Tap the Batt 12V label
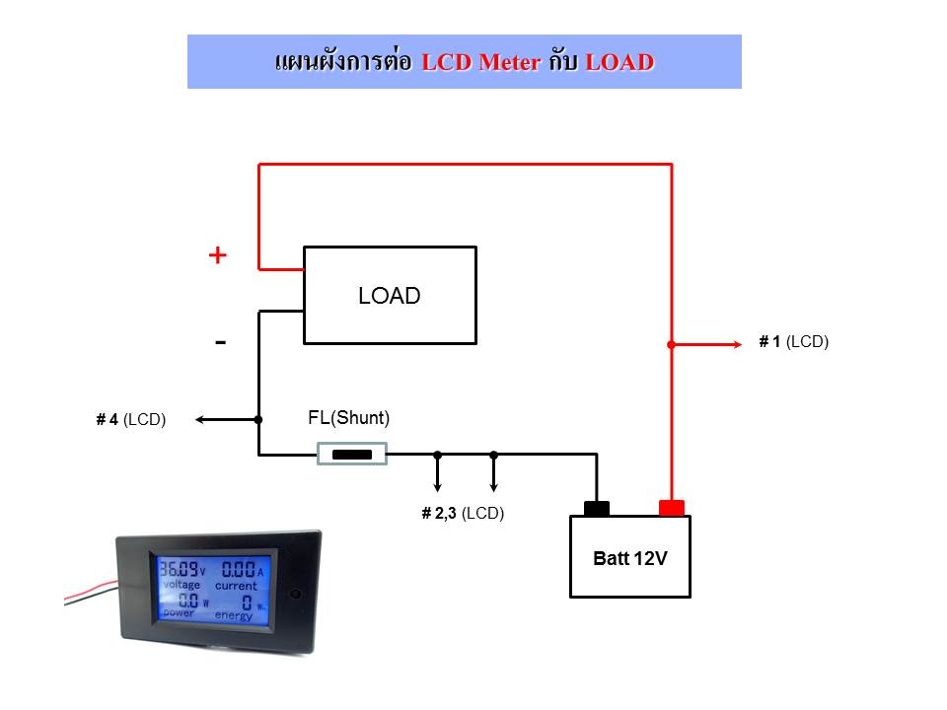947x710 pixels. (x=630, y=558)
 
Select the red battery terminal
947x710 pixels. (x=671, y=508)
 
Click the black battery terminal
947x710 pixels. (x=597, y=509)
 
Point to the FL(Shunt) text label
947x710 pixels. (x=348, y=418)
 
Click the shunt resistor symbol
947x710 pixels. (x=352, y=454)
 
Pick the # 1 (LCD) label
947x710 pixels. (x=793, y=342)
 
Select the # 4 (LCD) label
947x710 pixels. (x=131, y=420)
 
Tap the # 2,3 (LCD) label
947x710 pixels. (x=463, y=513)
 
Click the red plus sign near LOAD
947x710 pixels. (x=217, y=255)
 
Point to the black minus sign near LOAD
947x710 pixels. (x=220, y=343)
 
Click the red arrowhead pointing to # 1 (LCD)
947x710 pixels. (x=738, y=345)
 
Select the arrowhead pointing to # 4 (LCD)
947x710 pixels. (x=200, y=420)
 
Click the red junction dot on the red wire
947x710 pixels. (x=671, y=345)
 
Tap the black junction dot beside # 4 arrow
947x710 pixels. (x=258, y=420)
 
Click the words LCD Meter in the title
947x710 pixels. (x=480, y=62)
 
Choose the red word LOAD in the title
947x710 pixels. (x=619, y=62)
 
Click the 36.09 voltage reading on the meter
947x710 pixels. (x=179, y=569)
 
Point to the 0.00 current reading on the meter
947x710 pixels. (x=239, y=569)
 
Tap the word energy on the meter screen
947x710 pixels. (x=234, y=615)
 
